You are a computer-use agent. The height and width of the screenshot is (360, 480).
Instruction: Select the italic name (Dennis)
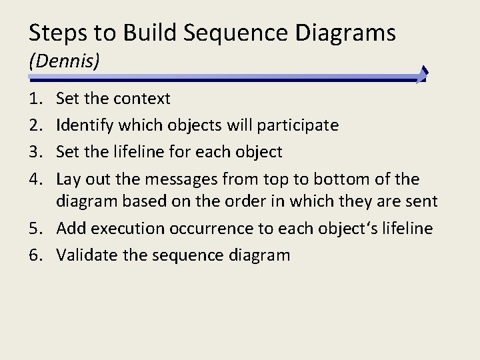pyautogui.click(x=64, y=61)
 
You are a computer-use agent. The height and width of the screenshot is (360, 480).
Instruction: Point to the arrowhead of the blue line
pyautogui.click(x=423, y=75)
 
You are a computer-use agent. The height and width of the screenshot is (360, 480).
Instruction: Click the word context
pyautogui.click(x=142, y=99)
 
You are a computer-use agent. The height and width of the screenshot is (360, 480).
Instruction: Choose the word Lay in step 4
pyautogui.click(x=69, y=179)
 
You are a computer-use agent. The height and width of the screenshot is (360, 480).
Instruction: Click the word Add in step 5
pyautogui.click(x=71, y=229)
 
